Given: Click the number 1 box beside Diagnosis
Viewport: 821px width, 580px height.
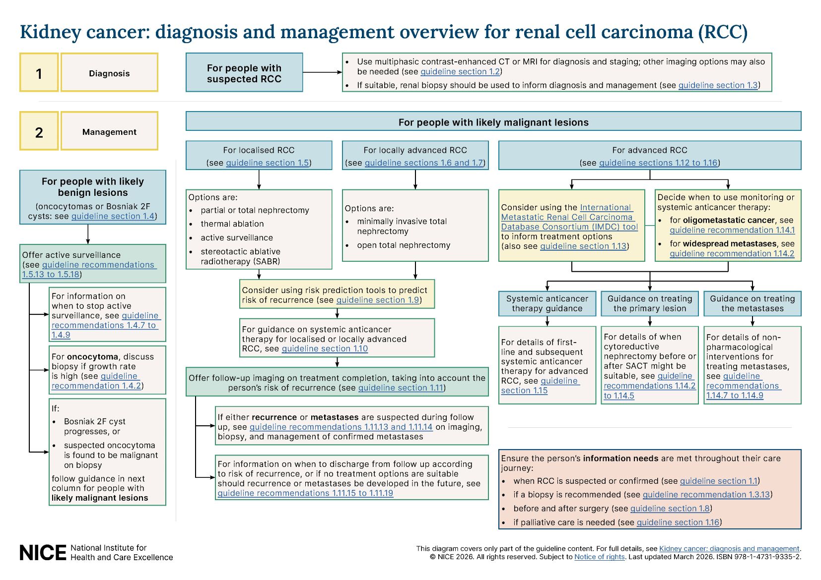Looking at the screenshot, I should [x=39, y=73].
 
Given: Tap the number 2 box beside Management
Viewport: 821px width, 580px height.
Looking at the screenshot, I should [x=39, y=131].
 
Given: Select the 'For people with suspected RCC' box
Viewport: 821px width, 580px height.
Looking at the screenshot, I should [x=244, y=73].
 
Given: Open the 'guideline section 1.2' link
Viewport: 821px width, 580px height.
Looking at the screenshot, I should [x=460, y=72].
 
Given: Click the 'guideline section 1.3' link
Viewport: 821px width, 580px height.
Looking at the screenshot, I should [x=718, y=85].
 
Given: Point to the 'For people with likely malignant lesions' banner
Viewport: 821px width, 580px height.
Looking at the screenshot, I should [x=493, y=122].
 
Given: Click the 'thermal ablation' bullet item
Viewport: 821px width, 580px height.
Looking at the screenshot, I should [x=232, y=224].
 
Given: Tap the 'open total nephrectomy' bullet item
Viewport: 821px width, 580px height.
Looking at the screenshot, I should [x=403, y=245].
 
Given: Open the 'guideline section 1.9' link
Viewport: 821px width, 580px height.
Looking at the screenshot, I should [x=377, y=300].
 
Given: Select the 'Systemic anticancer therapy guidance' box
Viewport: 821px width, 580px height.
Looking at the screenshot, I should [x=547, y=303].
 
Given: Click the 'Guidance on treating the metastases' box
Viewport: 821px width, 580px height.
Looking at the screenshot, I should [x=752, y=303].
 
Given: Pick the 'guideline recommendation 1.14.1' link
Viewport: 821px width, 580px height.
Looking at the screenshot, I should [x=732, y=230].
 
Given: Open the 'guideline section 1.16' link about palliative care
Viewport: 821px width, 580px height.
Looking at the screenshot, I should [x=678, y=522].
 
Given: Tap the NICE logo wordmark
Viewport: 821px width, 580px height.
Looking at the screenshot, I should [x=43, y=553].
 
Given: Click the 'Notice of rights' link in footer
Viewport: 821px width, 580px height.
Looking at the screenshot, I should [x=599, y=557].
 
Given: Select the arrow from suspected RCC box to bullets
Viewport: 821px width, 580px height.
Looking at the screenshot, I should [x=322, y=72].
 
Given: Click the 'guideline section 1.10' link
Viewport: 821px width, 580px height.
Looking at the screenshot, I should [x=324, y=349].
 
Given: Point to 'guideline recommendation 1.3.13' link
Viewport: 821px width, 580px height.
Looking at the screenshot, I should [x=706, y=495].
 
